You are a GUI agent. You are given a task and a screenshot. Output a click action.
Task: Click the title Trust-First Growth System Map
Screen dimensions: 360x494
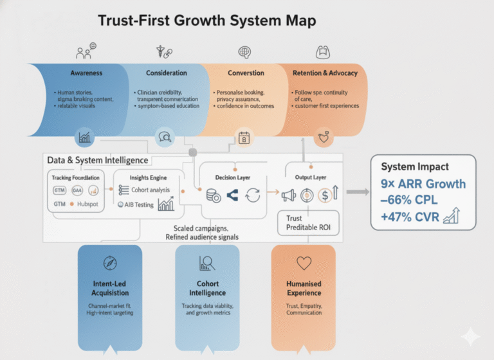click(207, 21)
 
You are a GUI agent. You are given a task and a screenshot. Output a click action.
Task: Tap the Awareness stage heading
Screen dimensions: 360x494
click(87, 73)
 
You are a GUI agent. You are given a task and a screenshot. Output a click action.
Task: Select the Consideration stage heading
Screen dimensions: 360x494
click(167, 73)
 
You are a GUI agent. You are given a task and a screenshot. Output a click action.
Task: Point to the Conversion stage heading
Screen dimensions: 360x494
click(246, 73)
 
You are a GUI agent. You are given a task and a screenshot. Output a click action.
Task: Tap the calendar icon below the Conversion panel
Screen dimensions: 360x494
click(244, 137)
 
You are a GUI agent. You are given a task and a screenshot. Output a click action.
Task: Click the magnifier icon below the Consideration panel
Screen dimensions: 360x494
click(165, 137)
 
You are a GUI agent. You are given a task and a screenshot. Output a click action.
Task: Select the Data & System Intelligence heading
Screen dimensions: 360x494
click(97, 160)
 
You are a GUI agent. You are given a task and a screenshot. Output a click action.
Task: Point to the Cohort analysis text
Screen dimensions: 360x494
click(150, 190)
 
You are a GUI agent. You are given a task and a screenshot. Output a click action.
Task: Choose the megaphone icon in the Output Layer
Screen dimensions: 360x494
click(288, 194)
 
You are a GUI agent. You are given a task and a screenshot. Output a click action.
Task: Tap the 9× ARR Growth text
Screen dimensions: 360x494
click(423, 184)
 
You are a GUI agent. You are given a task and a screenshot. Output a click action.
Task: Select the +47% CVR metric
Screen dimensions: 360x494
click(410, 217)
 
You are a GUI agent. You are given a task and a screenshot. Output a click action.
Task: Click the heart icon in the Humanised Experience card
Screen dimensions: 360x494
click(304, 263)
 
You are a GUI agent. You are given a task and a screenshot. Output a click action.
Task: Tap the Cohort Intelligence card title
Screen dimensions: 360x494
click(207, 288)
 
